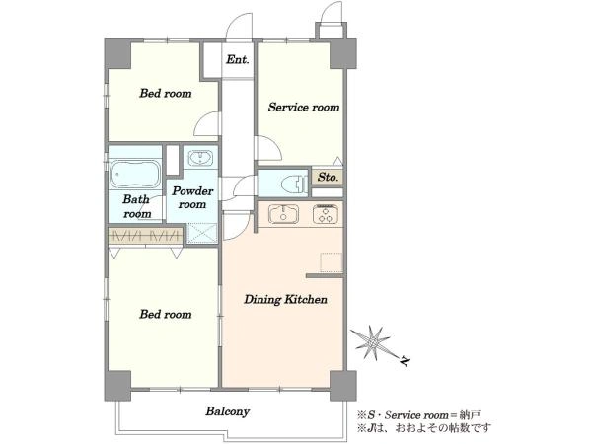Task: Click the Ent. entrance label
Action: tap(238, 59)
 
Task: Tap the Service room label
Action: tap(304, 108)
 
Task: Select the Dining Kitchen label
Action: tap(285, 300)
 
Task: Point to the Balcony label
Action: tap(228, 411)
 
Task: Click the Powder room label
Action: tap(192, 198)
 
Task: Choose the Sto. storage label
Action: tap(328, 177)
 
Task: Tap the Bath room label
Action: tap(137, 206)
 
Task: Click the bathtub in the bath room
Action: tap(135, 174)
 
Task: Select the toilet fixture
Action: tap(295, 184)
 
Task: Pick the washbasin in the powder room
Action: tap(200, 158)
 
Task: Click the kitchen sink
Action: tap(283, 214)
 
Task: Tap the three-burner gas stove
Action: tap(325, 214)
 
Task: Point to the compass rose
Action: tap(372, 342)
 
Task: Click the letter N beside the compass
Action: tap(405, 362)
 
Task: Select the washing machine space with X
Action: tap(202, 233)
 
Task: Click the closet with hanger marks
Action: tap(145, 236)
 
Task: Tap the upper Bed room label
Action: tap(166, 94)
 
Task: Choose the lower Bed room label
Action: tap(166, 314)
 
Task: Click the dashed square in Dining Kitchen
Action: tap(332, 262)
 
